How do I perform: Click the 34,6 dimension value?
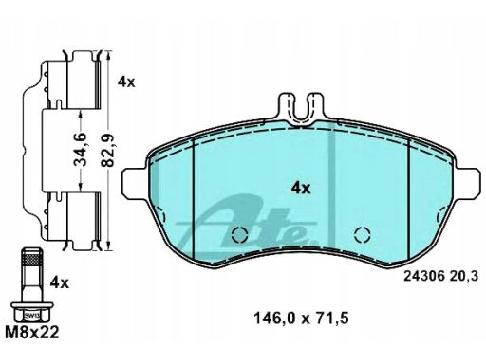click(81, 150)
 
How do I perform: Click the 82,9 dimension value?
click(108, 150)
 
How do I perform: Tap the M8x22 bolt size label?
click(32, 333)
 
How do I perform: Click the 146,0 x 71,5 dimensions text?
click(301, 318)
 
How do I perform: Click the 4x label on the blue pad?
click(301, 189)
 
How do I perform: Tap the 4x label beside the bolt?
click(60, 282)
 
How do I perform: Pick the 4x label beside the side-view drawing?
click(126, 82)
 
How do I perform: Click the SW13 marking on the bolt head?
click(30, 315)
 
